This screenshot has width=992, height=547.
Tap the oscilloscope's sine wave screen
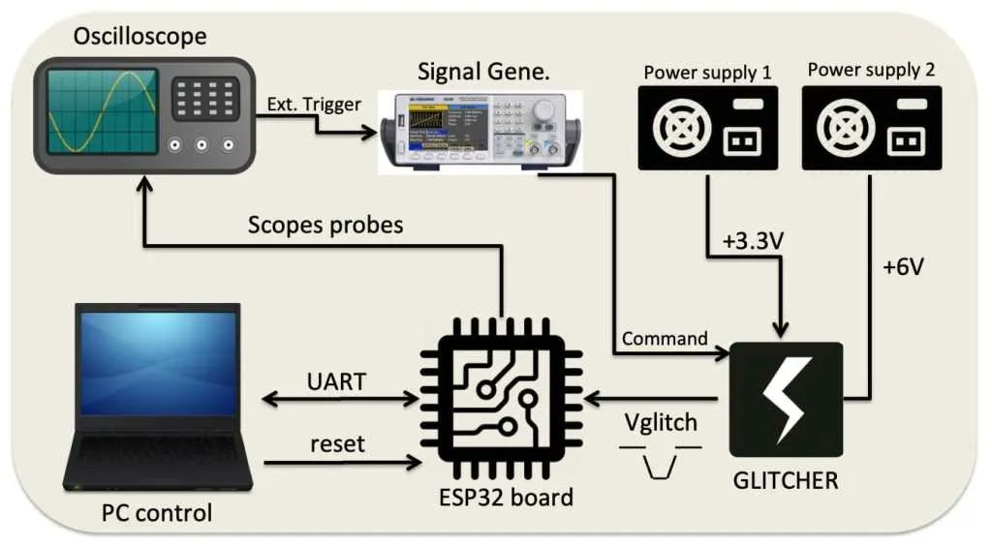(102, 111)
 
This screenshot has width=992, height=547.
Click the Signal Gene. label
(478, 72)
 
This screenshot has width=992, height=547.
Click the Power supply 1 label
(707, 71)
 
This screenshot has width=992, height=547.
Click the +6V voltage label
(902, 267)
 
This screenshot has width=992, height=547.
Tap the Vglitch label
(660, 424)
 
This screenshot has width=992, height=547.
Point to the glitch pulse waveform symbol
(660, 460)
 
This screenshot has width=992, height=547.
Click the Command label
(665, 339)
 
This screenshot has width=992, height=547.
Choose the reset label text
(337, 443)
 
